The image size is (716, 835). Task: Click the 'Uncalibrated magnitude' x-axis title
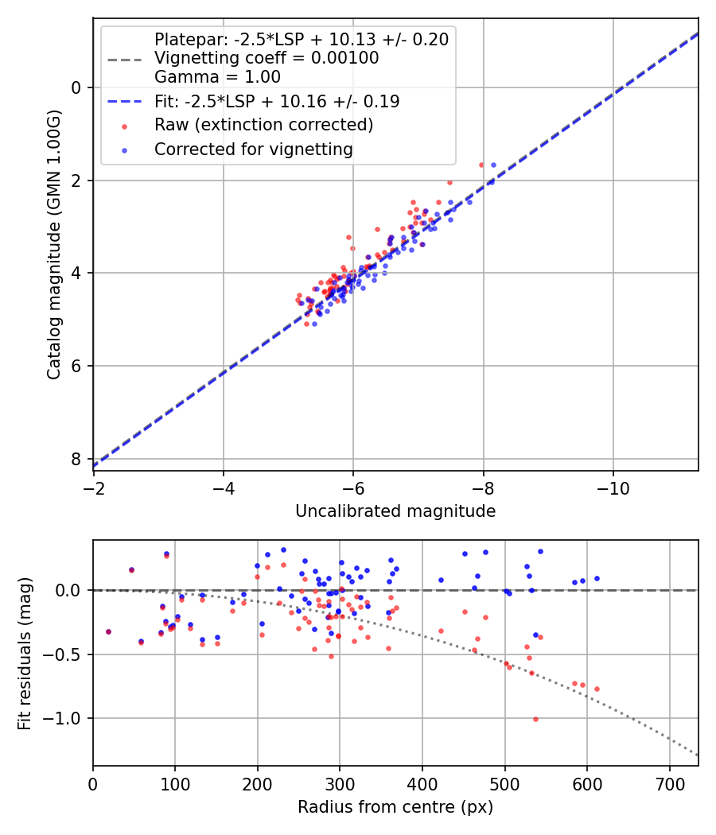(395, 511)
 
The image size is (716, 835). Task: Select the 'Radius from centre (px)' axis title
(395, 807)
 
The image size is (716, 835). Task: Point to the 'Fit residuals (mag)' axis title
(25, 653)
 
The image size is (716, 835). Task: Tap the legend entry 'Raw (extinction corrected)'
(263, 125)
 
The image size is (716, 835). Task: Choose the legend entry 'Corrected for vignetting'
(254, 149)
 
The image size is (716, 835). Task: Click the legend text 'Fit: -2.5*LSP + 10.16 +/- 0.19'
(277, 101)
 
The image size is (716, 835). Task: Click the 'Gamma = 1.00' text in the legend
(217, 77)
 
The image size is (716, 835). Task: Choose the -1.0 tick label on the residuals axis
(67, 719)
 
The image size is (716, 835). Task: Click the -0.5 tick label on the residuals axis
(67, 654)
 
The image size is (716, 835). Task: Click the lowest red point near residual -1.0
(535, 719)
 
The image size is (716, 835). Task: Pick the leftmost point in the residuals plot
(108, 632)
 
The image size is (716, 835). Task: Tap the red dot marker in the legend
(123, 126)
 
